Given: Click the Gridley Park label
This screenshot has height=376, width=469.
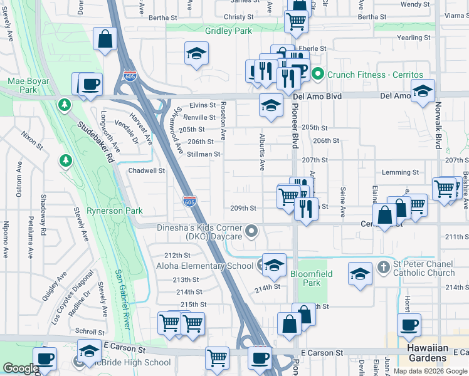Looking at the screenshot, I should (x=228, y=31).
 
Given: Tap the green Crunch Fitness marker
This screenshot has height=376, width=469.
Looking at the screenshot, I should (x=318, y=74).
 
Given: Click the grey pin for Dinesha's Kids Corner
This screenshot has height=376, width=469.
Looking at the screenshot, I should (x=251, y=232).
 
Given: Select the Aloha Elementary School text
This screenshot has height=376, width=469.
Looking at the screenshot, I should (x=204, y=266).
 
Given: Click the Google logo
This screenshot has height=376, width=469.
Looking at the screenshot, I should (x=21, y=368).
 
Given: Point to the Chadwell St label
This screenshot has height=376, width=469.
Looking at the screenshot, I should (x=146, y=170).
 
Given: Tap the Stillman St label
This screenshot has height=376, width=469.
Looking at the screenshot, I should (x=204, y=154).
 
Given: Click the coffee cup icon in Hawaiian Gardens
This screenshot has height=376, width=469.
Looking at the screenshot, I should (x=409, y=325).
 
